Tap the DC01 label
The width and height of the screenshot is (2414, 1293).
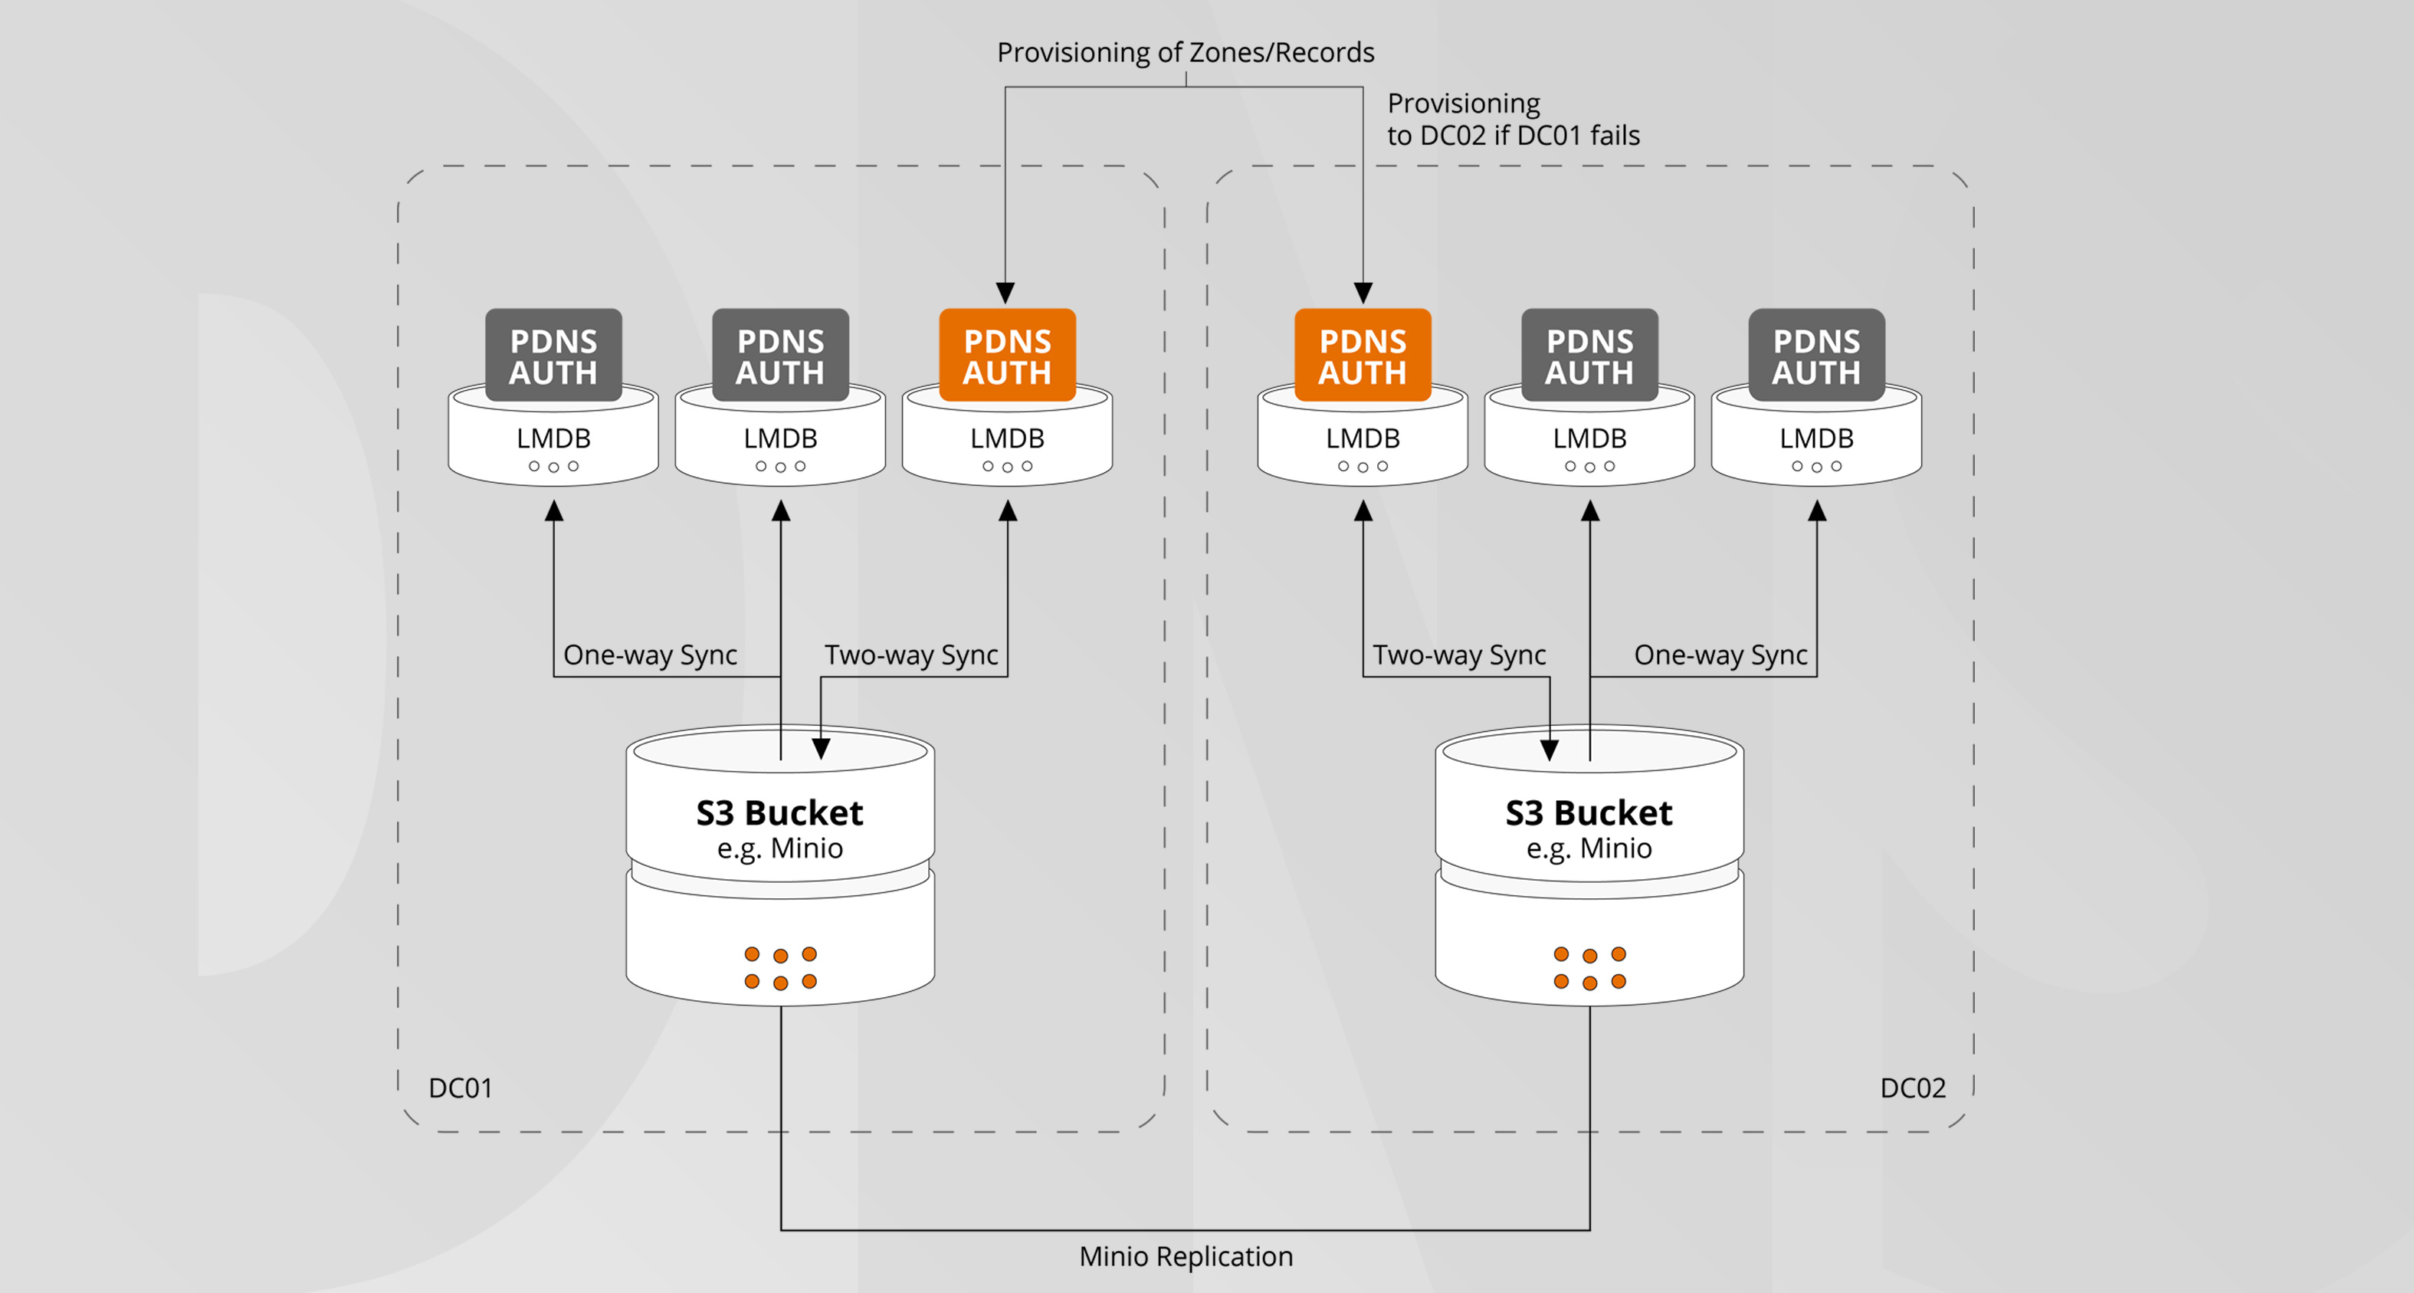coord(460,1088)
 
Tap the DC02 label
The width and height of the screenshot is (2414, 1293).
coord(1913,1088)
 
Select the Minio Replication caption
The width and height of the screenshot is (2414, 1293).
coord(1186,1256)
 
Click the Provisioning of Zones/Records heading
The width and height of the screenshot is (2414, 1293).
coord(1186,52)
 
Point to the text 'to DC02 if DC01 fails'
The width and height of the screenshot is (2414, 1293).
coord(1513,136)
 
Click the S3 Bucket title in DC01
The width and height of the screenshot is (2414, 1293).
coord(779,812)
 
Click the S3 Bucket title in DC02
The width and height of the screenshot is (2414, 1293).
coord(1589,812)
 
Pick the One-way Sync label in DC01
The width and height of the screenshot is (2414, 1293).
coord(649,655)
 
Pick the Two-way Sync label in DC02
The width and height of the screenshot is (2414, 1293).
coord(1459,655)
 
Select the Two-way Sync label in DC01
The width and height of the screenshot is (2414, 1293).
coord(911,655)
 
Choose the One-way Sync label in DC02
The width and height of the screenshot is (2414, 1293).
coord(1720,655)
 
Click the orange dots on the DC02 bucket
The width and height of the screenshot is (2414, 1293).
coord(1589,968)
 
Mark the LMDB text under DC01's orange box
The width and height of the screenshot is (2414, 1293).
coord(1008,438)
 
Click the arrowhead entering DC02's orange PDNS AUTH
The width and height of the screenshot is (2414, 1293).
coord(1363,292)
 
